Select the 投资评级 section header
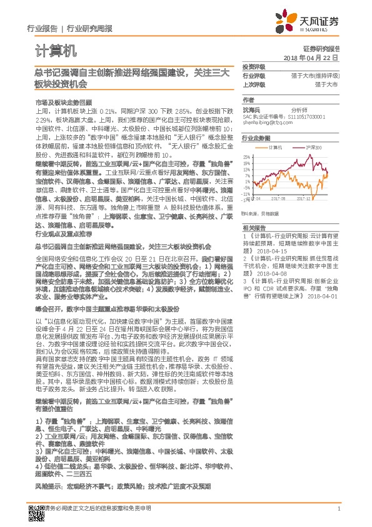(x=253, y=66)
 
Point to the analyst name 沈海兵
(x=251, y=110)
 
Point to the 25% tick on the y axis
(x=248, y=156)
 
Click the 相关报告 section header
(x=253, y=228)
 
